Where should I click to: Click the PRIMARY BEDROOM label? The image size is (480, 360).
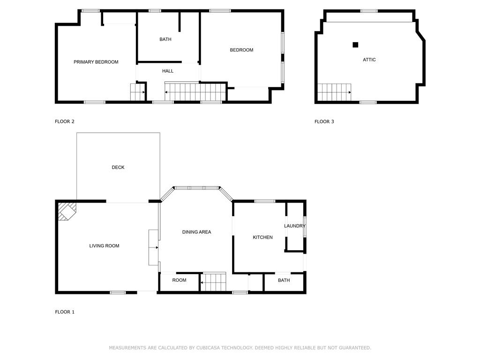(96, 62)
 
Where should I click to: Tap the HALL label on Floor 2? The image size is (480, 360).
(168, 71)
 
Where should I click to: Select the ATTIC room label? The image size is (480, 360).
(369, 60)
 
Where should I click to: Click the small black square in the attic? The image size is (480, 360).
(355, 45)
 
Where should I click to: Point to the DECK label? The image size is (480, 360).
(118, 167)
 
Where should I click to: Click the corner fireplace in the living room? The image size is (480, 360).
(67, 210)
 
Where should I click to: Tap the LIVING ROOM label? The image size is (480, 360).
(104, 246)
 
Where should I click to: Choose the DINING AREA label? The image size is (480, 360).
(196, 232)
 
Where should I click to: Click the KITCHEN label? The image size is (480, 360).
(262, 237)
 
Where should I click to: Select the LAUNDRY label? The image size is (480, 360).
(295, 226)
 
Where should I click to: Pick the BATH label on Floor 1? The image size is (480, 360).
(284, 280)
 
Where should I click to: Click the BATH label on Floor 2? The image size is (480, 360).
(165, 39)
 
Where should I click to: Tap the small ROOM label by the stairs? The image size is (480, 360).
(179, 280)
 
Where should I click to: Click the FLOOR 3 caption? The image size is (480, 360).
(324, 121)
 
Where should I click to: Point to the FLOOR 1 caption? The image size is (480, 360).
(65, 312)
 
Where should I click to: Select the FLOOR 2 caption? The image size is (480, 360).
(65, 121)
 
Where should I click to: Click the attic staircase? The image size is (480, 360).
(334, 92)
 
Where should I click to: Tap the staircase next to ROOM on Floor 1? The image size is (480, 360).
(213, 282)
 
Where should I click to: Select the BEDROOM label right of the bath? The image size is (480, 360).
(241, 50)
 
